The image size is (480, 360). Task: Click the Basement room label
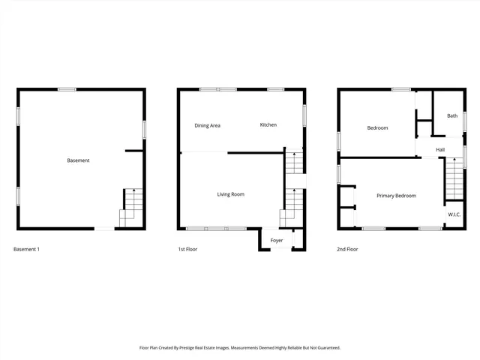pos(78,160)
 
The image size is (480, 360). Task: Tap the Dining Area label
pos(207,125)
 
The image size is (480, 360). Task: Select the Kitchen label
pos(268,124)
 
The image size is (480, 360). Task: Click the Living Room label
pos(230,194)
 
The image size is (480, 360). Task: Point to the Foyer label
pos(277,240)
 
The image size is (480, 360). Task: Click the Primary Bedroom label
pos(396,196)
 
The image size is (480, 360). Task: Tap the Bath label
pos(452,115)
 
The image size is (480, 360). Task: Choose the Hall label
pos(440,150)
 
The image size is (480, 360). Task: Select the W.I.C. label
pos(454,214)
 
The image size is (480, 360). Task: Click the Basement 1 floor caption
pos(27,249)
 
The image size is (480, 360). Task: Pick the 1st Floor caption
pos(187,249)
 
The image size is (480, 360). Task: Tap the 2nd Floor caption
pos(347,249)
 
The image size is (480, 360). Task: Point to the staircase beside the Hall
pos(454,180)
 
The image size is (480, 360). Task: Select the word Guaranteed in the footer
pos(324,348)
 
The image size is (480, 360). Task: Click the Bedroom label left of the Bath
pos(377,128)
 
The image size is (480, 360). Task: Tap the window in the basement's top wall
pos(67,89)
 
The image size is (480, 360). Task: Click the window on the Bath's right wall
pos(464,121)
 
